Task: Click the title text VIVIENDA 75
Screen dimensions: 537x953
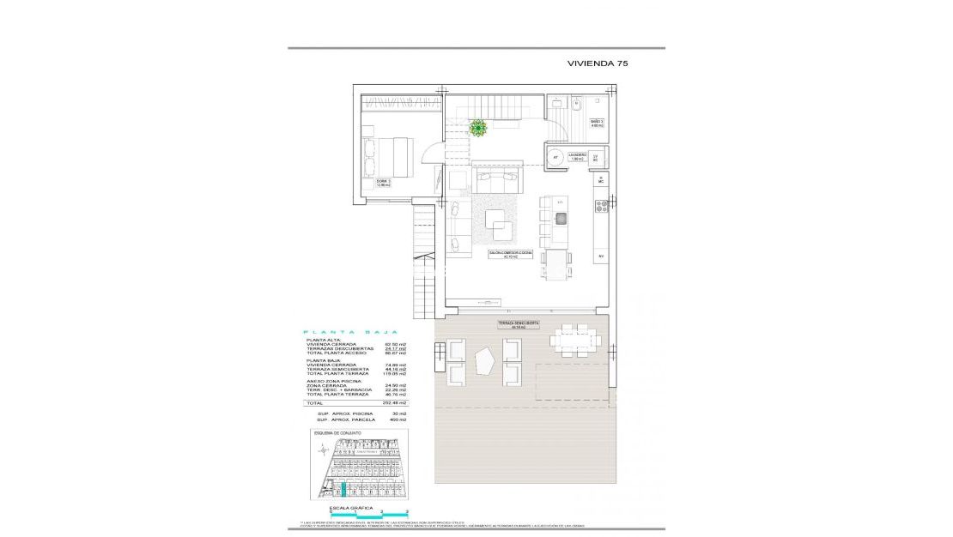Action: (x=598, y=63)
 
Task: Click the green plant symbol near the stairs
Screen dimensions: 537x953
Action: (x=478, y=128)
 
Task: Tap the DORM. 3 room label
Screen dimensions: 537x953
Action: (x=371, y=183)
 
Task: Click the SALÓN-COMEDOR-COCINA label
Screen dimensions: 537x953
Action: (x=511, y=254)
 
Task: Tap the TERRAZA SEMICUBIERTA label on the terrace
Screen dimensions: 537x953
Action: (x=518, y=324)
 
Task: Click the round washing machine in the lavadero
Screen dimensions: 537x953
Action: (x=555, y=157)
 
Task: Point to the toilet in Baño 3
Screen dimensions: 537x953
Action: (x=576, y=106)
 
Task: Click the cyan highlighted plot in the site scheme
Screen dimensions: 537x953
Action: (x=344, y=490)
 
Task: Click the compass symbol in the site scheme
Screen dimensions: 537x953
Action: (x=322, y=447)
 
